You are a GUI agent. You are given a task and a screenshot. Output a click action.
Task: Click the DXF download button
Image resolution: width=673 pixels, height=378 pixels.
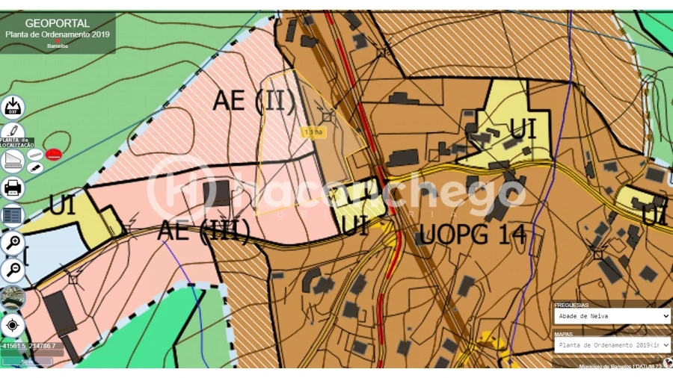(13, 108)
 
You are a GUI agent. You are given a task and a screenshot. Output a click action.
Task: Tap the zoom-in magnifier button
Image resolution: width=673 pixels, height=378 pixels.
(13, 242)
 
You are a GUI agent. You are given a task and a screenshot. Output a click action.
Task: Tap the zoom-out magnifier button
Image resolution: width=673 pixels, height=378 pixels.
(13, 270)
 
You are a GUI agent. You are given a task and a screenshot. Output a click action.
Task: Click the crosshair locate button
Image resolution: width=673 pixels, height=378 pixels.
(13, 326)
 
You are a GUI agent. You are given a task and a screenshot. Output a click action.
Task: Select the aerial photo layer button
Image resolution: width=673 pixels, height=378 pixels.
(13, 298)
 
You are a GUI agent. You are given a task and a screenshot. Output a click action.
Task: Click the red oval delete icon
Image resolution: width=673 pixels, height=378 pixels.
(53, 155)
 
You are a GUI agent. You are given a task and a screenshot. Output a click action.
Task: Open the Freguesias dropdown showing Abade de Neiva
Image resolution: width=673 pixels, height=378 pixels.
(612, 316)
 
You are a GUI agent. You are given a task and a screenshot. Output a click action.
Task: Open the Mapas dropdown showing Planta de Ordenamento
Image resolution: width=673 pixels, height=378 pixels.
(612, 344)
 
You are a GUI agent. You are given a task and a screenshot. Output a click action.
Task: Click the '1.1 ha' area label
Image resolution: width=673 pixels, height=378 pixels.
(313, 132)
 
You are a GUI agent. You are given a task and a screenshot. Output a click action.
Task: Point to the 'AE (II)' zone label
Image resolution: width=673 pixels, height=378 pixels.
(254, 101)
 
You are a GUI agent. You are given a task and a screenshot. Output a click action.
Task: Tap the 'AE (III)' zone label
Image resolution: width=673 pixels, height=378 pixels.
(203, 231)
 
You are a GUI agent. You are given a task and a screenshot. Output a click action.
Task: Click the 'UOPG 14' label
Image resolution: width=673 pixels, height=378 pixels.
(472, 235)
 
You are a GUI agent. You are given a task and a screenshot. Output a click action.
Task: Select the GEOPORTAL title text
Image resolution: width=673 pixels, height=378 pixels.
(58, 23)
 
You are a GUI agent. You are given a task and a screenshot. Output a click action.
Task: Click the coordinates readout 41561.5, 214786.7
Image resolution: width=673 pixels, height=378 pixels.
(28, 347)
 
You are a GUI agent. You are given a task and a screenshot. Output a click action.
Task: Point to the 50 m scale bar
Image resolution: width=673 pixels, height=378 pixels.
(27, 362)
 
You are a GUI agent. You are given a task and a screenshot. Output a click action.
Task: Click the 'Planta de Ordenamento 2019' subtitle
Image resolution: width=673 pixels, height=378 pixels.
(58, 34)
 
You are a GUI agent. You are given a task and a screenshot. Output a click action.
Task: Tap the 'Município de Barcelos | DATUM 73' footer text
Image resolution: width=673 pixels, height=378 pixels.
(620, 366)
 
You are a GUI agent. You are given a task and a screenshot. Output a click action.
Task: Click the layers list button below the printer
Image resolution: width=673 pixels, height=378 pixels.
(13, 215)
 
